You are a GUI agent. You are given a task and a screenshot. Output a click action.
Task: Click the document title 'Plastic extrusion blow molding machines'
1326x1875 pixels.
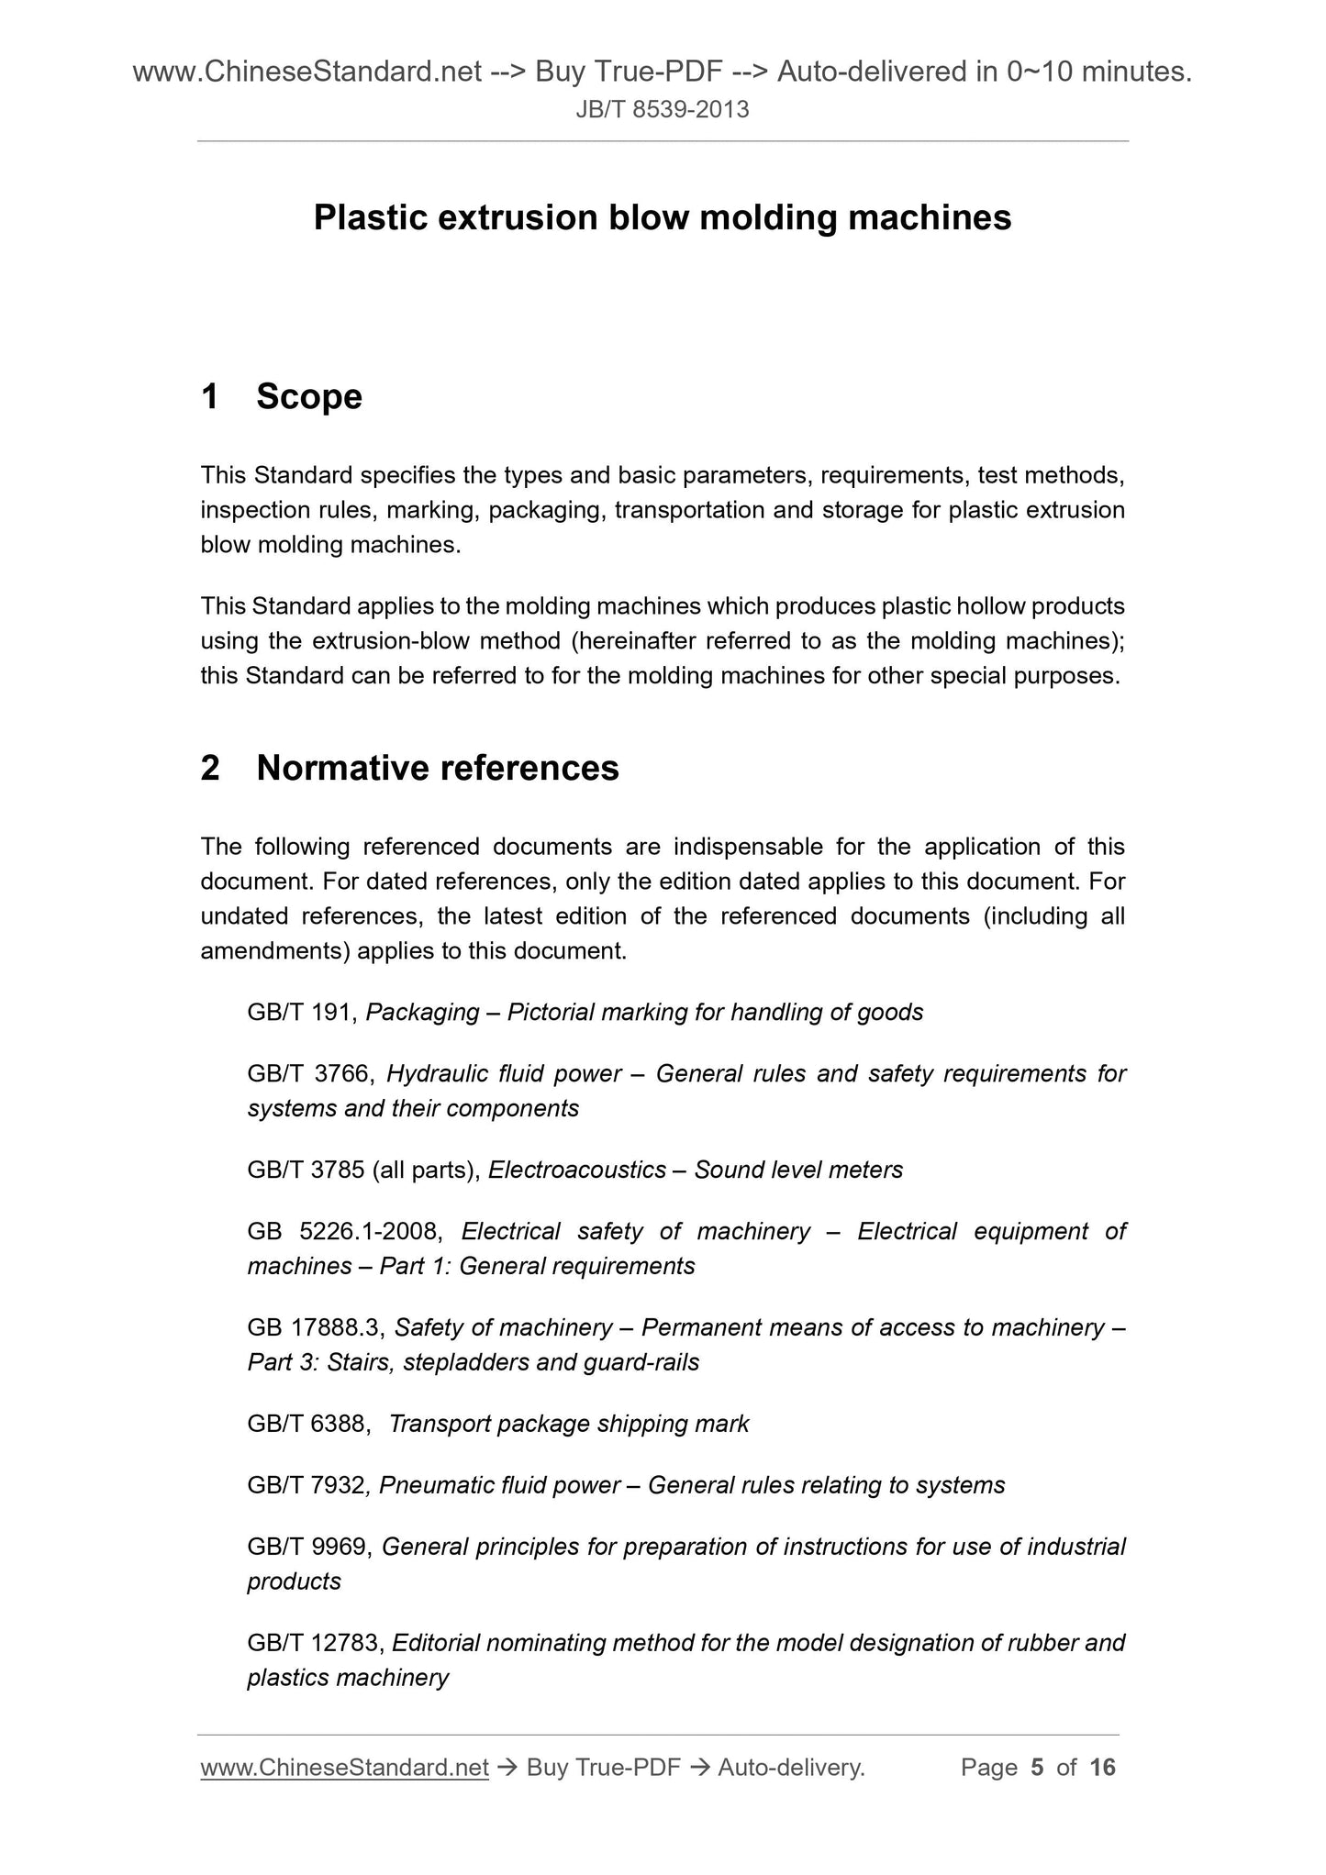[662, 217]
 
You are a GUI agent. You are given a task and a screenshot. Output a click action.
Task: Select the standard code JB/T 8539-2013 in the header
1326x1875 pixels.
[662, 110]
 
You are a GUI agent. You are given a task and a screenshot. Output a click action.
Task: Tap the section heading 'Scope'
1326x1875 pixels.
[309, 396]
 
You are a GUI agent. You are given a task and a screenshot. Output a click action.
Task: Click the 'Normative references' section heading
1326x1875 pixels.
[438, 768]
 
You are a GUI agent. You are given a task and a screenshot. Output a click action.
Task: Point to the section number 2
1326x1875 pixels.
[210, 768]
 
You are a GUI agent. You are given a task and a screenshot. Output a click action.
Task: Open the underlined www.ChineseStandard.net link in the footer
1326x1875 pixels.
[344, 1768]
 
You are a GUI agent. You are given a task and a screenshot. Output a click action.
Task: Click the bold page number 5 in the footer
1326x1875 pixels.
[1037, 1768]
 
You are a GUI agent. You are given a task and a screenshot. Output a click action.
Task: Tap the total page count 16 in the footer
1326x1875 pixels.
[1102, 1768]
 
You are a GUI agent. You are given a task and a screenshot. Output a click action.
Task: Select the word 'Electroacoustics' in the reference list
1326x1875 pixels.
[577, 1170]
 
